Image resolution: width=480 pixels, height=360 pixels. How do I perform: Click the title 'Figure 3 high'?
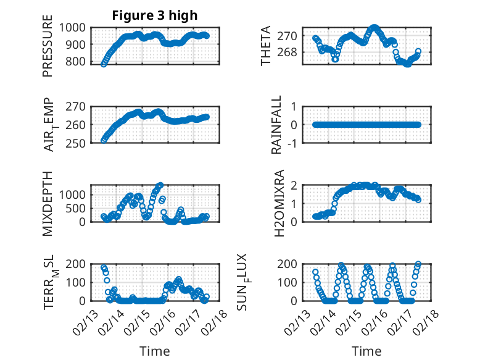pos(154,15)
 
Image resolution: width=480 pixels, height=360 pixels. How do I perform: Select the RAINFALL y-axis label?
pos(277,124)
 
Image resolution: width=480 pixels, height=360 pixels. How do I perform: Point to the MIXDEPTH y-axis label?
pos(48,203)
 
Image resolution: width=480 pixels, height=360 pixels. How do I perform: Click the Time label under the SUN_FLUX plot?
pos(366,351)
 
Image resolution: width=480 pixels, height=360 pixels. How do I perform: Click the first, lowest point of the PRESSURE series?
pos(103,64)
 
